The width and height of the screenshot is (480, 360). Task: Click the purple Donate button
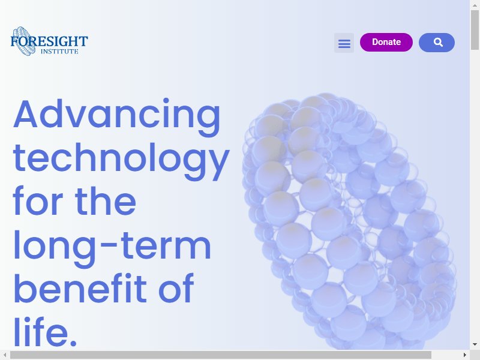coord(386,42)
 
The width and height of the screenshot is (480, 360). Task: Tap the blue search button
coord(437,42)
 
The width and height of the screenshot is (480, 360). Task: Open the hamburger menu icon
coord(344,43)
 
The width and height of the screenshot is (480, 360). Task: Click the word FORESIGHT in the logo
coord(49,41)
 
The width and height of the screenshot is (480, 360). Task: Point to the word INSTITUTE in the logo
coord(59,52)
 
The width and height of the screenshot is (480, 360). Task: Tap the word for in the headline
coord(38,202)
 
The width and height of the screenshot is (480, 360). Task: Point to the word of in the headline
coord(176,288)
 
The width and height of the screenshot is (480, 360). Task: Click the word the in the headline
coord(106,202)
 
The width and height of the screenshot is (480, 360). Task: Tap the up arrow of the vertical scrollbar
coord(475,5)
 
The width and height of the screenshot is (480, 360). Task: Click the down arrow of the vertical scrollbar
coord(475,344)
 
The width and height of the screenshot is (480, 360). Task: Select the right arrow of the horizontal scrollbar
coord(464,355)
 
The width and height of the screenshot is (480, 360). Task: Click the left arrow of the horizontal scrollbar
coord(5,355)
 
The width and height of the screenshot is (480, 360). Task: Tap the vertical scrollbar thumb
coord(475,29)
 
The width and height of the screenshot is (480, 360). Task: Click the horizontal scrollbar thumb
coord(221,355)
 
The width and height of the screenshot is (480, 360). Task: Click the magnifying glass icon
coord(439,42)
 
